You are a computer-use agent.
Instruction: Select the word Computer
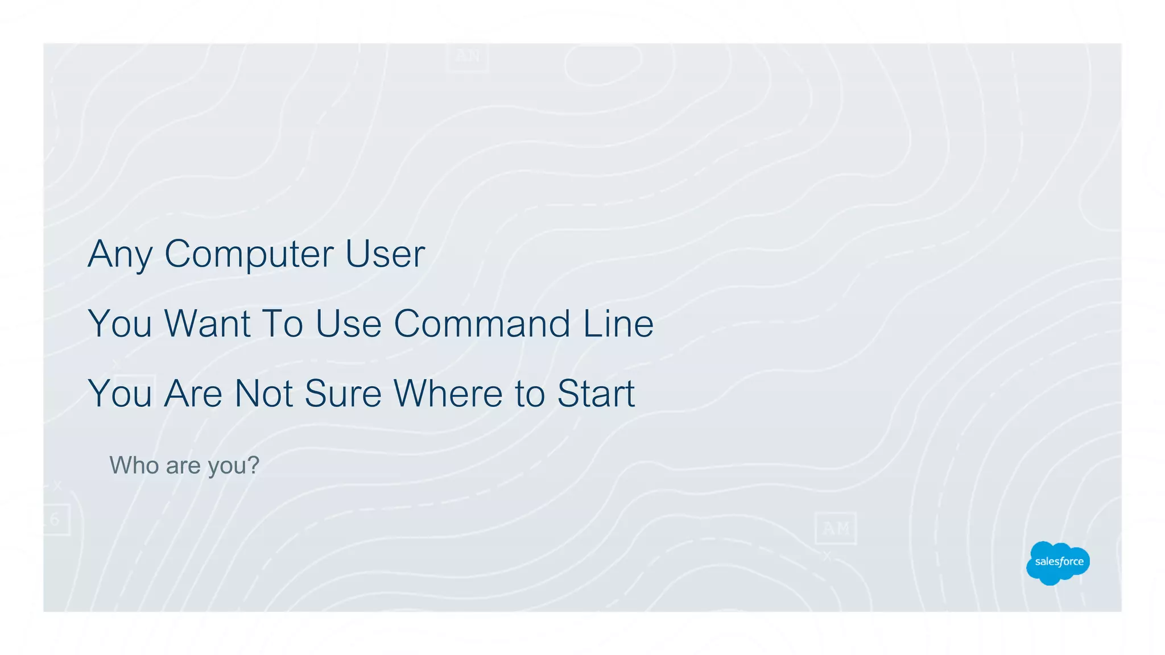tap(249, 254)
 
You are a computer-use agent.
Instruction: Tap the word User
tap(385, 254)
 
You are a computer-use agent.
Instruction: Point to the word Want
tap(207, 324)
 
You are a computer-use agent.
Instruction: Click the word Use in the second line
tap(348, 324)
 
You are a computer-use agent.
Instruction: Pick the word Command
tap(482, 324)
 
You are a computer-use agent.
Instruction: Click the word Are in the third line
tap(193, 393)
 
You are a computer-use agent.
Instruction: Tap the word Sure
tap(342, 393)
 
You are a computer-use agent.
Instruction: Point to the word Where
tap(448, 393)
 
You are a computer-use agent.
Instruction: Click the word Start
tap(596, 393)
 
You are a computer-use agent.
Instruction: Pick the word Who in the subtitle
tap(134, 466)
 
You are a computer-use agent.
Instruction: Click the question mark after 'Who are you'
tap(254, 466)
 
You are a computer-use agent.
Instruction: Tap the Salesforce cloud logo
tap(1058, 562)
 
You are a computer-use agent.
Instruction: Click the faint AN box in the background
tap(468, 56)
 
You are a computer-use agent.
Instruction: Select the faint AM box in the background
tap(835, 529)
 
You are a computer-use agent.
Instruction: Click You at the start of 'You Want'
tap(120, 324)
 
